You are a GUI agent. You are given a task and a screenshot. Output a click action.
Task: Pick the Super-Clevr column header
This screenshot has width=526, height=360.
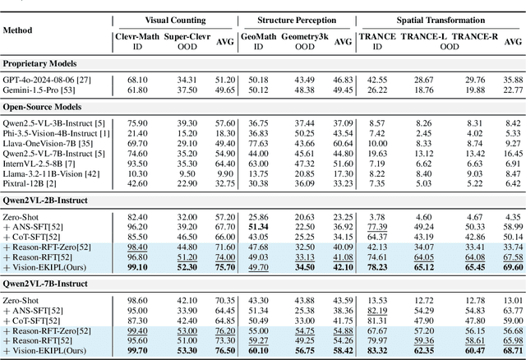(x=186, y=36)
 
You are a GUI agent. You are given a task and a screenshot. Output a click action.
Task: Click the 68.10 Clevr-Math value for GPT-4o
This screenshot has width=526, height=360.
(x=137, y=80)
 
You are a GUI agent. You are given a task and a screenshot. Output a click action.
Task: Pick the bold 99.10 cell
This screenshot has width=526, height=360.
(x=137, y=268)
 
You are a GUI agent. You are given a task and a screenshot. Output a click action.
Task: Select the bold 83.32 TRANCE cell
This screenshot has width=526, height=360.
(x=377, y=352)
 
